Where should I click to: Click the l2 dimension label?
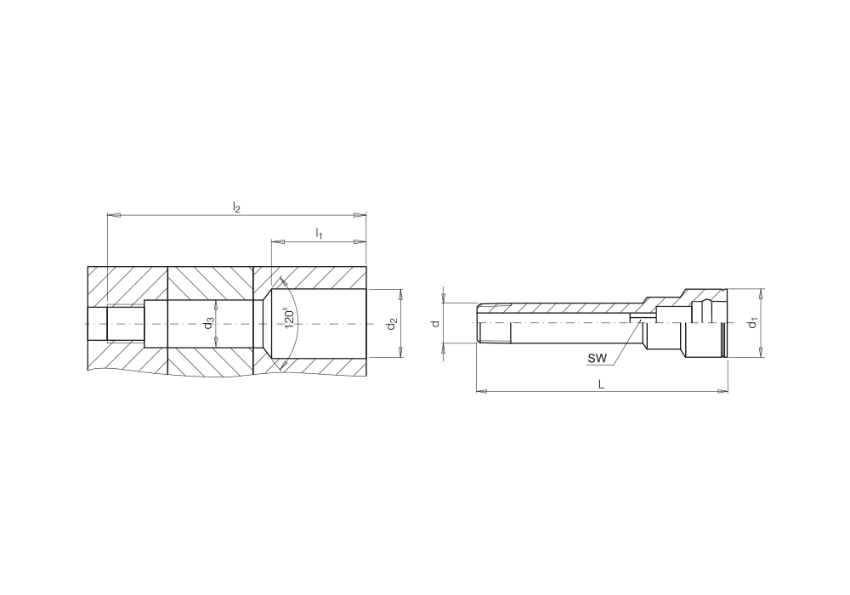[x=236, y=207]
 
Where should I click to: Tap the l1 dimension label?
[x=320, y=234]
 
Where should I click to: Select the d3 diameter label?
[x=209, y=324]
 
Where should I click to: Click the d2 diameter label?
[x=391, y=324]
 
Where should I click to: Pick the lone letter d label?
[x=434, y=324]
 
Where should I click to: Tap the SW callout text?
[x=598, y=358]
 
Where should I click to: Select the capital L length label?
[x=601, y=384]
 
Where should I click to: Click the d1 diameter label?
[x=752, y=323]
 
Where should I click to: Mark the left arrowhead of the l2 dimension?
[x=113, y=215]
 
